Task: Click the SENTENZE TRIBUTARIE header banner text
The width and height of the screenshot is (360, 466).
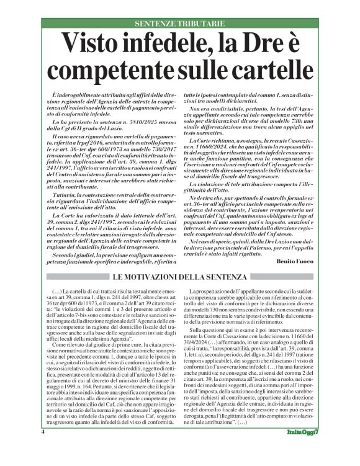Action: click(179, 24)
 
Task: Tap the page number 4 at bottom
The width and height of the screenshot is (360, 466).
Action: click(43, 449)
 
